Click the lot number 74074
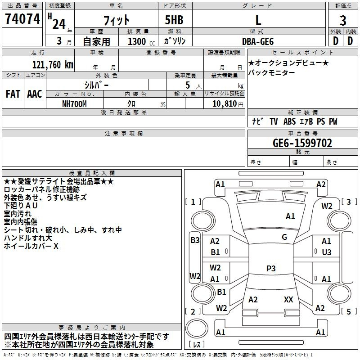[22, 19]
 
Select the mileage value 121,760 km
[53, 65]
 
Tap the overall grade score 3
[343, 21]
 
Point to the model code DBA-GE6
[258, 41]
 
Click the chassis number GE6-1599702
[302, 143]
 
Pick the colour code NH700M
[74, 104]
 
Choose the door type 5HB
[174, 20]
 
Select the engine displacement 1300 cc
[141, 41]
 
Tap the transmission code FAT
[13, 94]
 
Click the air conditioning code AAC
[35, 94]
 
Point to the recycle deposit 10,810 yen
[228, 104]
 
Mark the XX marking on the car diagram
[288, 299]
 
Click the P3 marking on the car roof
[271, 268]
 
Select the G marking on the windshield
[284, 237]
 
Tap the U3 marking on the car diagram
[327, 252]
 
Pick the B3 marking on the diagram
[195, 240]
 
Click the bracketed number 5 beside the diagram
[348, 311]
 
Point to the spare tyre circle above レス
[197, 328]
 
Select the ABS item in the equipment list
[289, 121]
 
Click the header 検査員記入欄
[92, 173]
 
